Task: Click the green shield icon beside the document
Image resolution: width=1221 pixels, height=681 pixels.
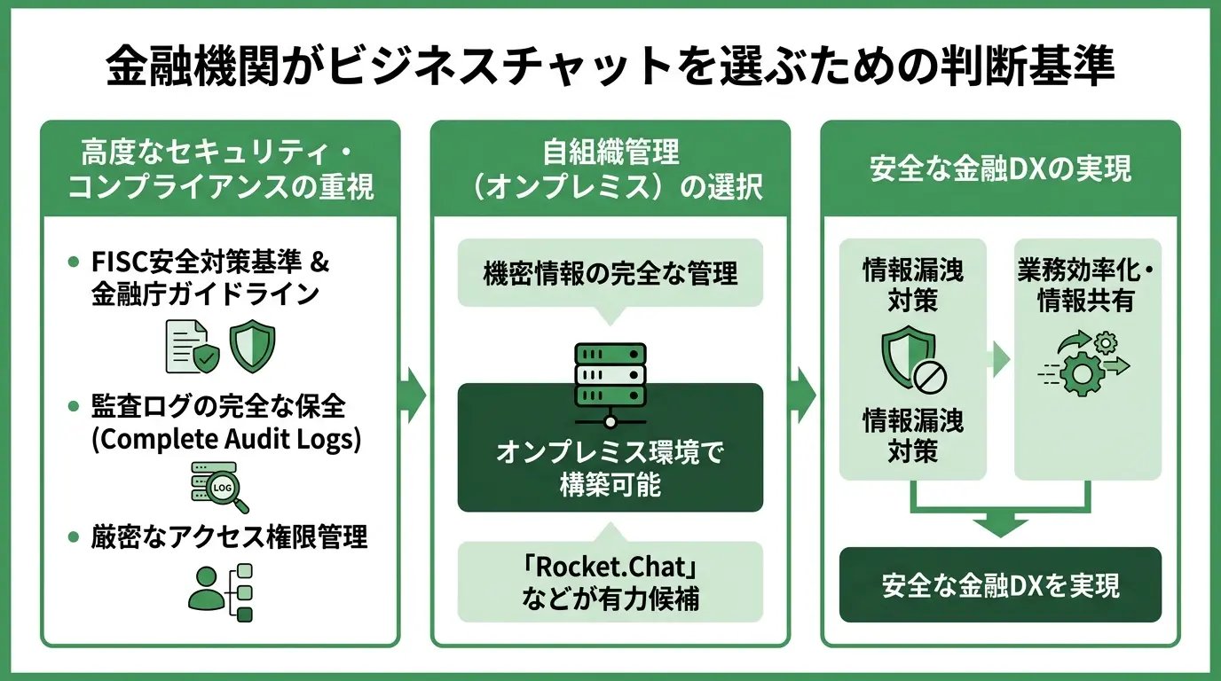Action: (x=252, y=345)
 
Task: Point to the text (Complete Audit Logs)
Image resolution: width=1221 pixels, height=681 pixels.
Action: (x=226, y=440)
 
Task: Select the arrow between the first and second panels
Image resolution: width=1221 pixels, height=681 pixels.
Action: (x=414, y=391)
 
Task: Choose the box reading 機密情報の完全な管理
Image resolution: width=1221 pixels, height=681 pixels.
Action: (x=610, y=273)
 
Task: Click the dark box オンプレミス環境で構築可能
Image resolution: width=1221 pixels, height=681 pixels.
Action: (x=610, y=468)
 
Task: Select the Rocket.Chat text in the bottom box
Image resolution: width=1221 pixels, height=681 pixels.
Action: (x=610, y=567)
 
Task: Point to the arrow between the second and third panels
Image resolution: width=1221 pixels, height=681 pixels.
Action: (x=804, y=391)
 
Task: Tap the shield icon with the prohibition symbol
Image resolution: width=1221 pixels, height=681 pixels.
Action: (x=912, y=362)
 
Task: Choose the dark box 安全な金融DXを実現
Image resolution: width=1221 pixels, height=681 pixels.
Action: (x=1000, y=585)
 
